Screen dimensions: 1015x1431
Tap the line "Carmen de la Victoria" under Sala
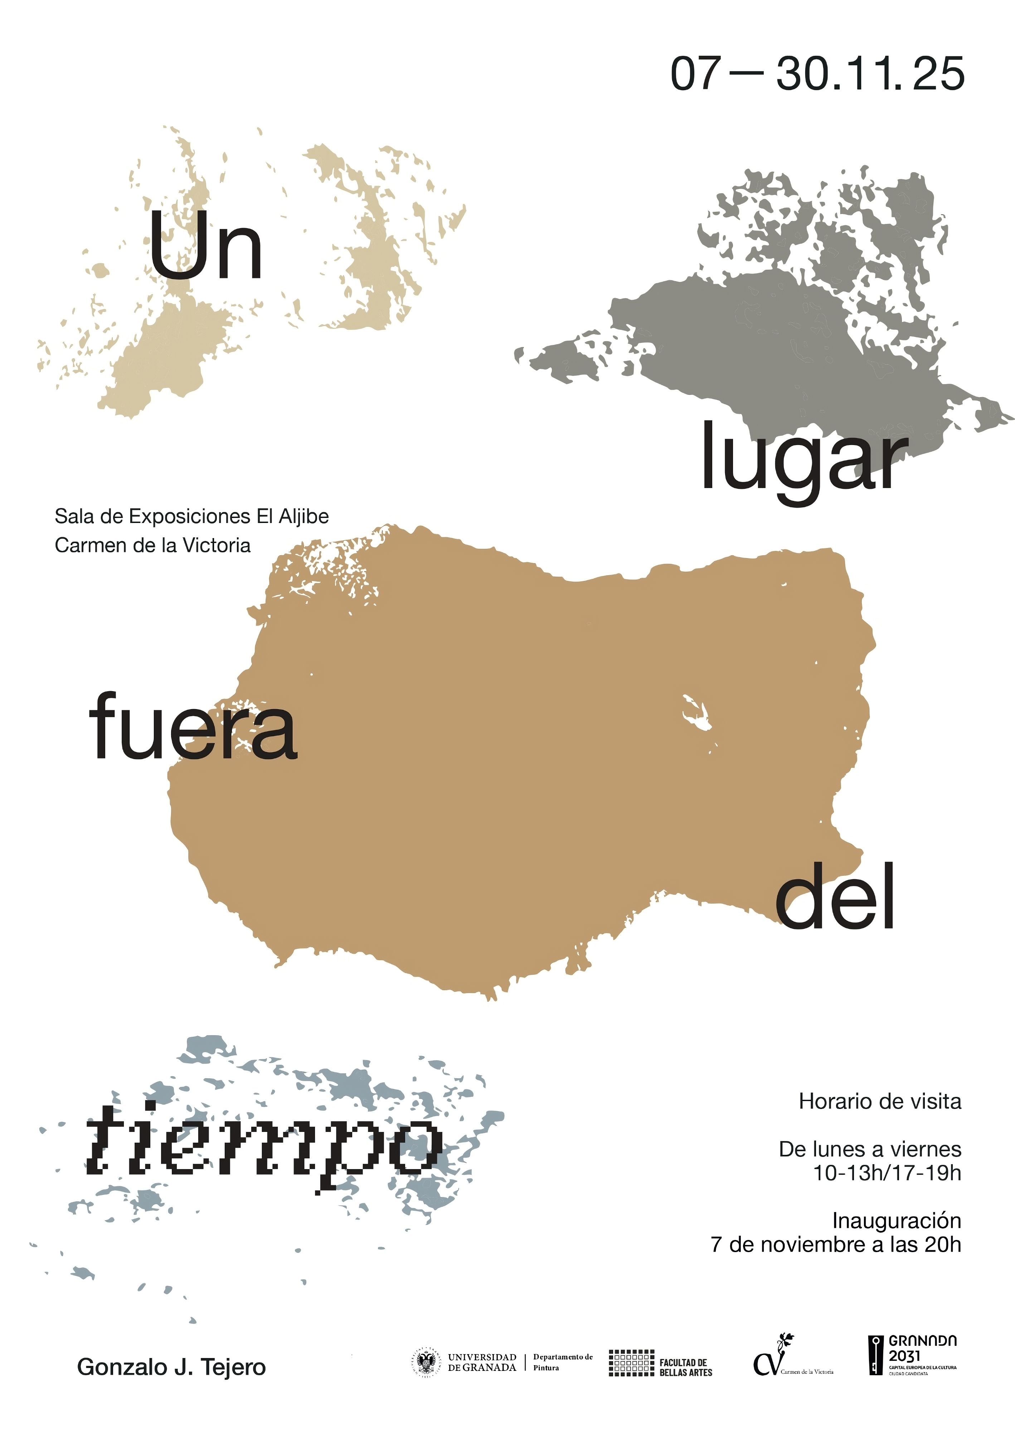[152, 545]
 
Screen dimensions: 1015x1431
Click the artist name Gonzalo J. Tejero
[171, 1367]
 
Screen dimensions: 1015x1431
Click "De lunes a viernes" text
[869, 1149]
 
